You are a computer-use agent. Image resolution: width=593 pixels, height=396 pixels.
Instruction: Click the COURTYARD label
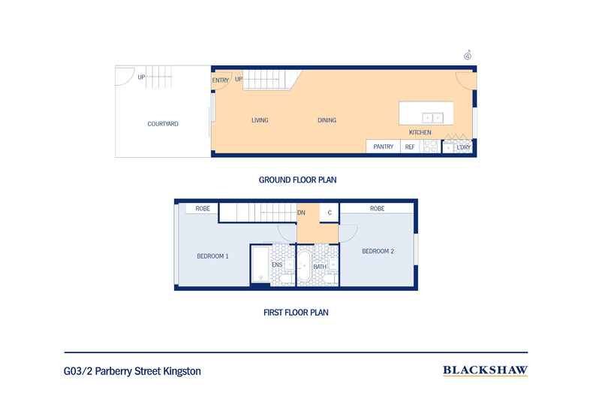(x=163, y=123)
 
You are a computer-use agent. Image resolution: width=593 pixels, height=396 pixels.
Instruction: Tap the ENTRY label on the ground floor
(x=221, y=80)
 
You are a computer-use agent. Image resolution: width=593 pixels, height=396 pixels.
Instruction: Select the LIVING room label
(x=260, y=120)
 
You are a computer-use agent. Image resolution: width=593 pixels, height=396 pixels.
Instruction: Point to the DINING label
(x=327, y=120)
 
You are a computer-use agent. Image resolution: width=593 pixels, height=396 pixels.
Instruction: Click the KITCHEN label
(x=420, y=132)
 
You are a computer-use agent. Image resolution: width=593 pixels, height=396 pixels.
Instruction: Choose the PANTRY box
(x=384, y=147)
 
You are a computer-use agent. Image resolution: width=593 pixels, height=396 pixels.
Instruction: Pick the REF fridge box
(x=410, y=147)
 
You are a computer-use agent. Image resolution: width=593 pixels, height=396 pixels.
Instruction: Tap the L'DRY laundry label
(x=463, y=147)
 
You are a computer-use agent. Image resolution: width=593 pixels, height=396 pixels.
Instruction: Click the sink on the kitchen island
(x=432, y=117)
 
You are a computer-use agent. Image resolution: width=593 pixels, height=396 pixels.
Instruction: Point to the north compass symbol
(x=468, y=54)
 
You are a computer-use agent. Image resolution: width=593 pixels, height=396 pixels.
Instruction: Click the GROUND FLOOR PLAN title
(x=296, y=180)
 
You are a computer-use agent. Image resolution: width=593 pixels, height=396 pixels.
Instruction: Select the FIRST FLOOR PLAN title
(x=296, y=311)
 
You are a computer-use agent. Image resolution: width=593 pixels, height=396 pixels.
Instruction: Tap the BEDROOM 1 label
(x=212, y=256)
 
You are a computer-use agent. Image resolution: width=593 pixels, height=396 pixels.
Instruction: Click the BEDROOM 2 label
(x=378, y=251)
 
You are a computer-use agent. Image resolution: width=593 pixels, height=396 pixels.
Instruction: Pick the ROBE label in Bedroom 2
(x=377, y=208)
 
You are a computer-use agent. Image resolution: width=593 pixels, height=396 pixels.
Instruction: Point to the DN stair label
(x=301, y=213)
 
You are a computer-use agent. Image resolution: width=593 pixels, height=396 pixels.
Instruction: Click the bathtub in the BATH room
(x=305, y=268)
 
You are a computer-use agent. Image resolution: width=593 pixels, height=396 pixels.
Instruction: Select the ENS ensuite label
(x=277, y=265)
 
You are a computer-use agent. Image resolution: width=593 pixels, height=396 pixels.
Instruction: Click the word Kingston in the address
(x=179, y=370)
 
